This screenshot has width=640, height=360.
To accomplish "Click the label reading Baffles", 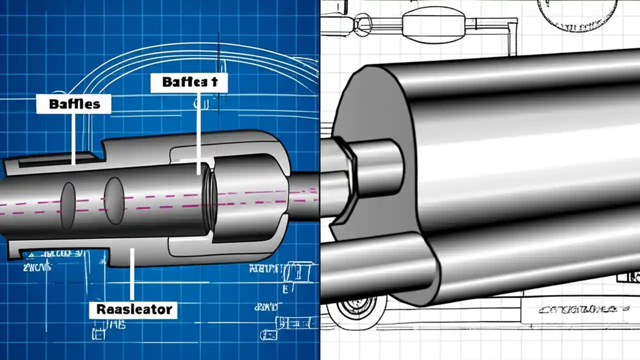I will click(74, 104).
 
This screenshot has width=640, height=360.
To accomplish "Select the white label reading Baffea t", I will click(189, 82).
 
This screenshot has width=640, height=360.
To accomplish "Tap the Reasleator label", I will click(133, 309).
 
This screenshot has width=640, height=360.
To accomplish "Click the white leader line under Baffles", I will click(74, 135).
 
